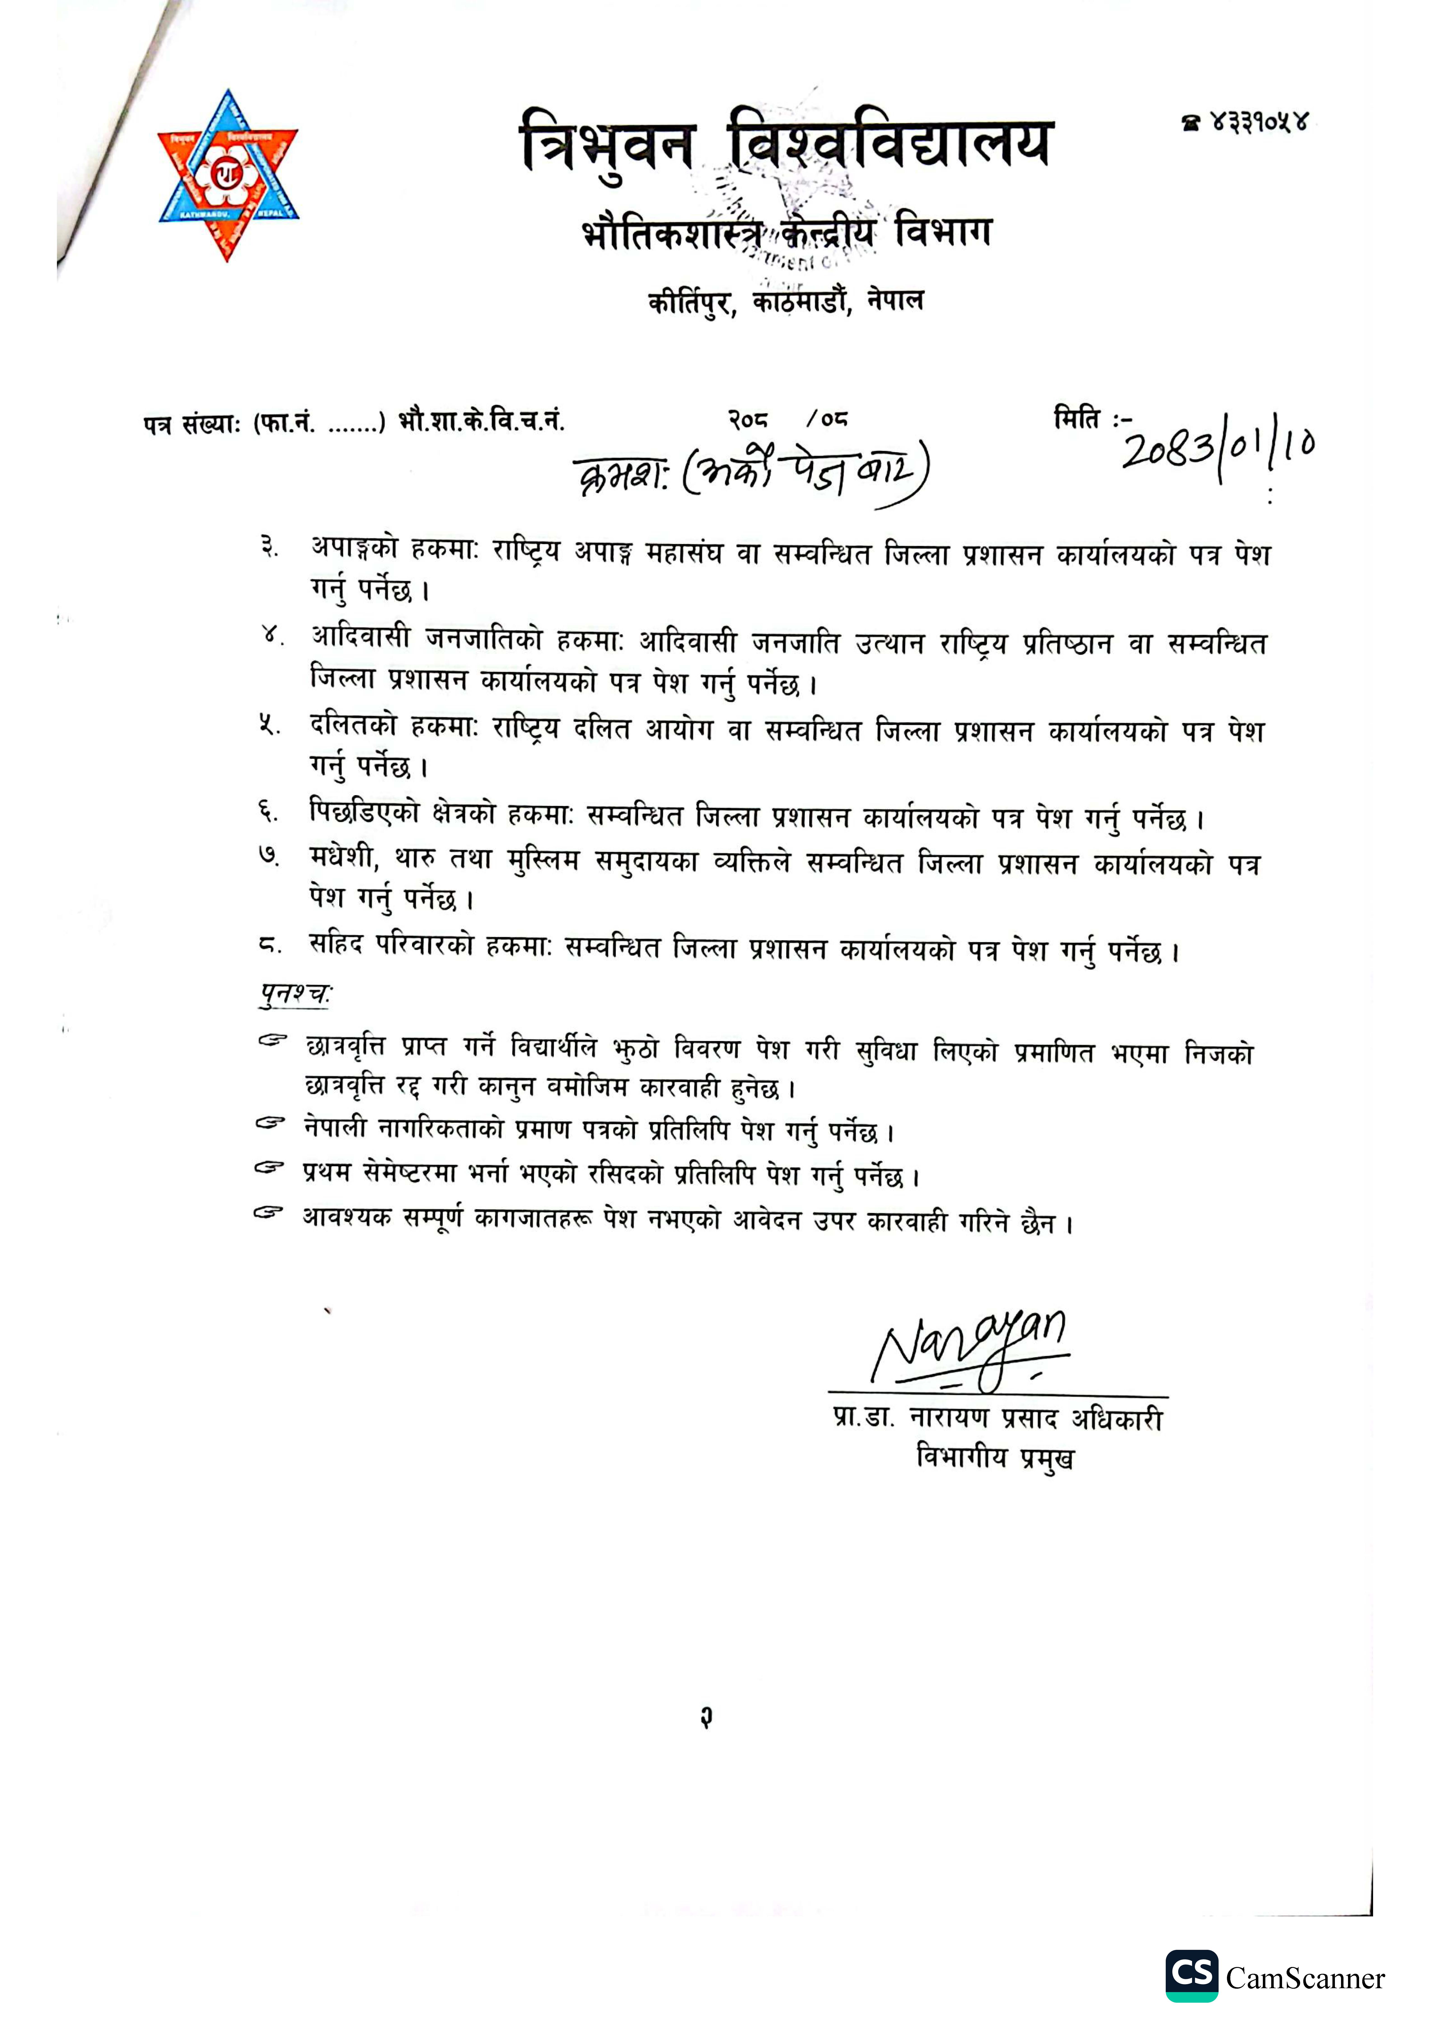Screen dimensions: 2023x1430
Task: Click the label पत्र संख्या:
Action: click(x=192, y=425)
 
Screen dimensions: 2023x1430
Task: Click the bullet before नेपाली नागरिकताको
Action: click(x=270, y=1124)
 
